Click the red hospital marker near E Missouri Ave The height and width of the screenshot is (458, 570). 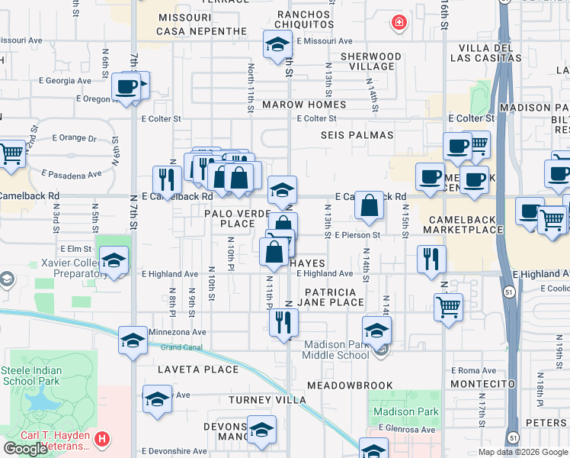398,24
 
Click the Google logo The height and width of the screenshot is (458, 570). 25,449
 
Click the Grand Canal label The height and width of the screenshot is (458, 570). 181,347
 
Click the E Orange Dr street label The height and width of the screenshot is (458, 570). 75,138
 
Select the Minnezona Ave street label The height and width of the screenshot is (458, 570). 178,332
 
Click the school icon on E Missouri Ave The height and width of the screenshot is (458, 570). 278,44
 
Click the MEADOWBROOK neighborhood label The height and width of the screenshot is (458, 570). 351,385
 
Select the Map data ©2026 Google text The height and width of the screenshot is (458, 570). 522,452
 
